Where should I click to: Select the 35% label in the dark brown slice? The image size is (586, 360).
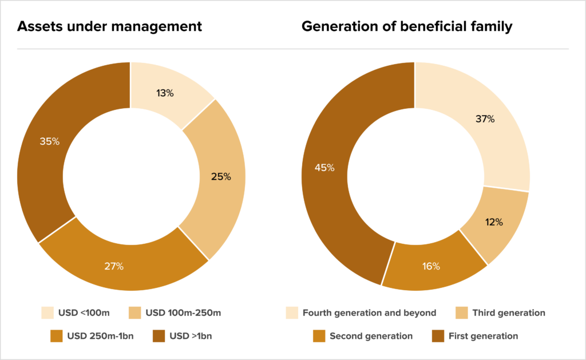pyautogui.click(x=49, y=141)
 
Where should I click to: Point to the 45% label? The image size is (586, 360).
pyautogui.click(x=324, y=168)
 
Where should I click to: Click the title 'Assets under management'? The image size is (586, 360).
pyautogui.click(x=109, y=26)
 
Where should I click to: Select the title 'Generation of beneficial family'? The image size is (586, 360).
pyautogui.click(x=407, y=26)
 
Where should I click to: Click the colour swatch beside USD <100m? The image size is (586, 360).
pyautogui.click(x=47, y=313)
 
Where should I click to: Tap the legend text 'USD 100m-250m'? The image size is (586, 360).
pyautogui.click(x=184, y=313)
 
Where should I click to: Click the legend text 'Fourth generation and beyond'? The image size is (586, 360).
pyautogui.click(x=369, y=313)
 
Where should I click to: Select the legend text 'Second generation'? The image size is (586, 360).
pyautogui.click(x=371, y=336)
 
